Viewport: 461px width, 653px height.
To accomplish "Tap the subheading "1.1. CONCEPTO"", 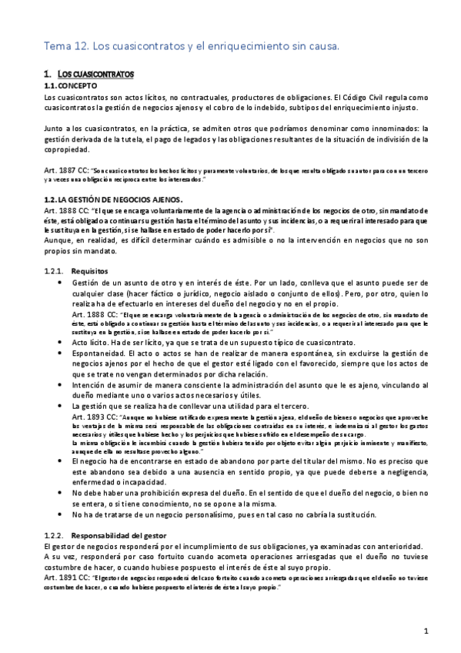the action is coord(72,85).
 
